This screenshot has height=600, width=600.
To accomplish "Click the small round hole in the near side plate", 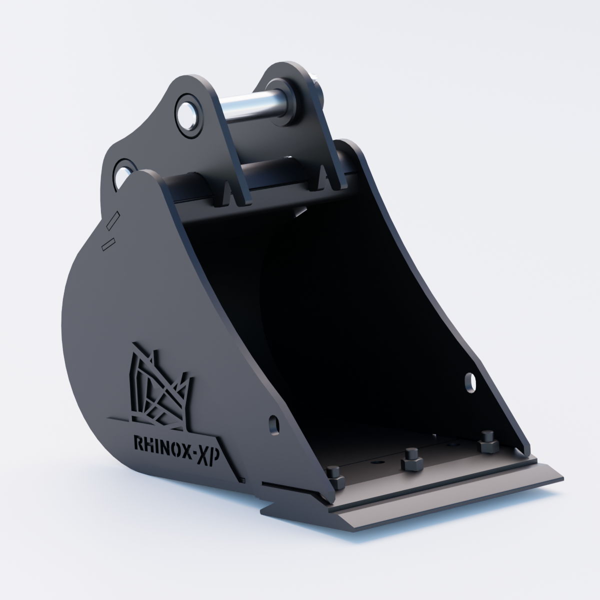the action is (273, 424).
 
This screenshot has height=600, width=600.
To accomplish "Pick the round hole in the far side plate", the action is (470, 382).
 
